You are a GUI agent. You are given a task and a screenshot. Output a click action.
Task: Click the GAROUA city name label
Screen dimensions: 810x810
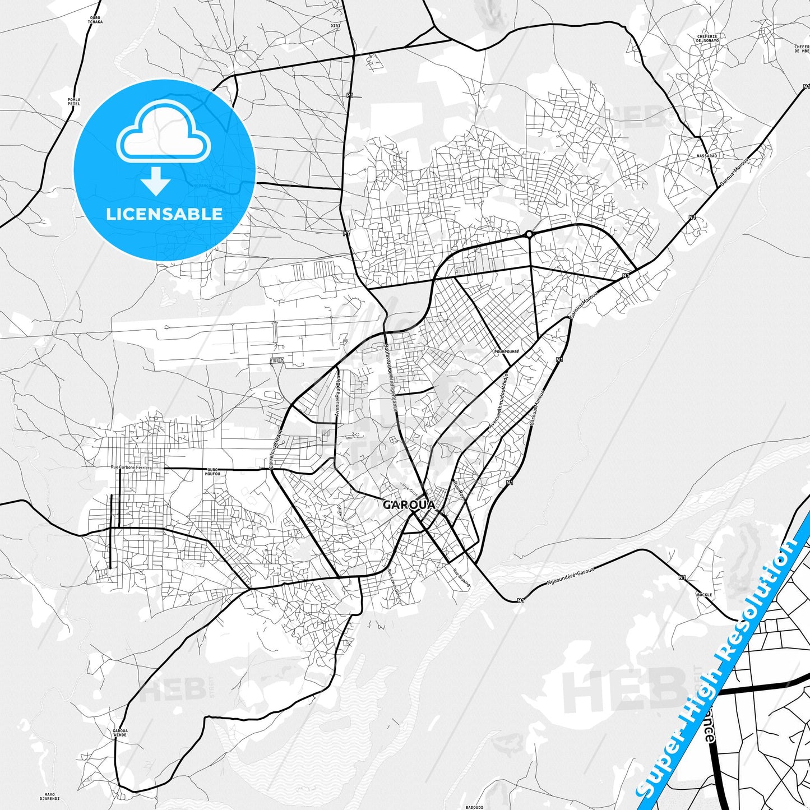click(x=409, y=504)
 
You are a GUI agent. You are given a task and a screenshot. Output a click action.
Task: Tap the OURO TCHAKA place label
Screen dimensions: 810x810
click(x=95, y=20)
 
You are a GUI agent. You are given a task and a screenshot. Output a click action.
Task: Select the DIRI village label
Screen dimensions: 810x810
click(x=336, y=26)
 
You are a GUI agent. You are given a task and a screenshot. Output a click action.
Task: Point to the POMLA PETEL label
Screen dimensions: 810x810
click(x=74, y=101)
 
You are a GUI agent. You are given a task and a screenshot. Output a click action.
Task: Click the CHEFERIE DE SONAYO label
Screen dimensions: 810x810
click(x=707, y=39)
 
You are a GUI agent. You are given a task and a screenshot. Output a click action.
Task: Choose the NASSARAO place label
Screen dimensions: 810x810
click(x=707, y=156)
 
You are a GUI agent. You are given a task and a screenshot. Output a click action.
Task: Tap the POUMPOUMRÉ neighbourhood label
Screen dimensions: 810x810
click(x=507, y=351)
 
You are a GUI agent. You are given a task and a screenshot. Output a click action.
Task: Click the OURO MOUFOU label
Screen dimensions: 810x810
click(x=212, y=471)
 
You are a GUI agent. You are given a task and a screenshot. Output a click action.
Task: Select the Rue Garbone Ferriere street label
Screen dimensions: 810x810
click(x=131, y=467)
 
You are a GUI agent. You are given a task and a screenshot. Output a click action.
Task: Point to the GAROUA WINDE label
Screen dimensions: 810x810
click(x=120, y=732)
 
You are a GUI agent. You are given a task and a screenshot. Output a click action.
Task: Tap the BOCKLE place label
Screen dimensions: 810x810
click(x=704, y=595)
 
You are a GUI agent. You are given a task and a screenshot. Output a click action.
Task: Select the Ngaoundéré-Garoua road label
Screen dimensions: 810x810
click(x=570, y=577)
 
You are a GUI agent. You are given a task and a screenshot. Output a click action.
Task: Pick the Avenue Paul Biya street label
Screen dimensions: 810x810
click(x=338, y=395)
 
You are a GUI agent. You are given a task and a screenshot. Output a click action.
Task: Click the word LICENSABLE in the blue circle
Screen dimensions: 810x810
click(x=164, y=214)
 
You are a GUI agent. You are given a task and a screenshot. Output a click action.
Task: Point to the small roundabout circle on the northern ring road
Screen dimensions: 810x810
click(x=529, y=234)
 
